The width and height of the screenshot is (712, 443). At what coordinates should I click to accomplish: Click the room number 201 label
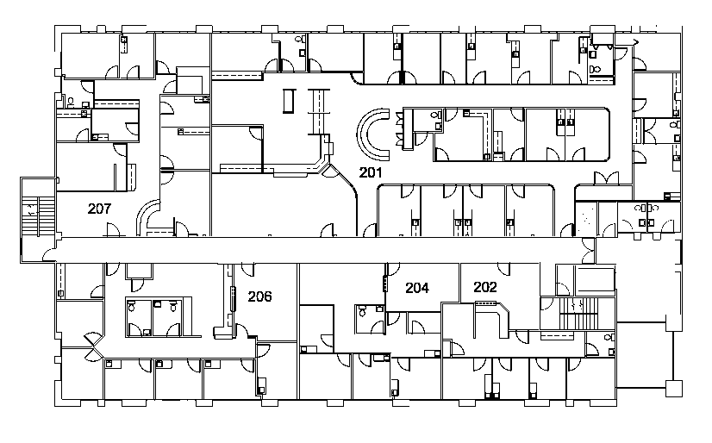coord(371,172)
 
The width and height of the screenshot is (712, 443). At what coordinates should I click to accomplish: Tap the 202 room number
coord(485,287)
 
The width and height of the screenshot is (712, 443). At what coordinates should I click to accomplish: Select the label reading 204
coord(417,289)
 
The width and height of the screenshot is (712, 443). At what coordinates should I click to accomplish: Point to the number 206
coord(259,296)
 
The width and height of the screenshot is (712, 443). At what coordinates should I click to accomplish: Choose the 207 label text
coord(101,209)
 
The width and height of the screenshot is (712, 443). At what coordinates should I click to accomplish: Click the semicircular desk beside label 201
coord(372,130)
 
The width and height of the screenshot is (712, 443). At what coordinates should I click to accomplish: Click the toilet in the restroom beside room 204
coord(362,312)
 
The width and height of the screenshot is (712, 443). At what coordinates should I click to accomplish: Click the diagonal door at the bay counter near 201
coord(329,168)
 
